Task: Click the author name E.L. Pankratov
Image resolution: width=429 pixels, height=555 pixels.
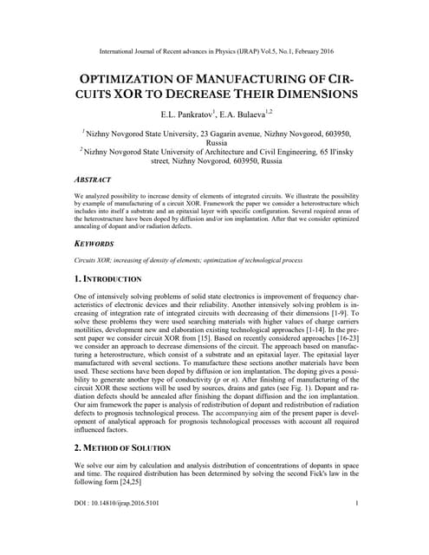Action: coord(184,114)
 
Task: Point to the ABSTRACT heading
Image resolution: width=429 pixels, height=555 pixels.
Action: coord(94,180)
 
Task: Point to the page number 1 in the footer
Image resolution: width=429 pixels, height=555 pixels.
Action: coord(357,528)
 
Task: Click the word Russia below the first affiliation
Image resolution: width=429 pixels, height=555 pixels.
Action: coord(215,143)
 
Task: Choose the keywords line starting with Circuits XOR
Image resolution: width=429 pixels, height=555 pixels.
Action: coord(189,260)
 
